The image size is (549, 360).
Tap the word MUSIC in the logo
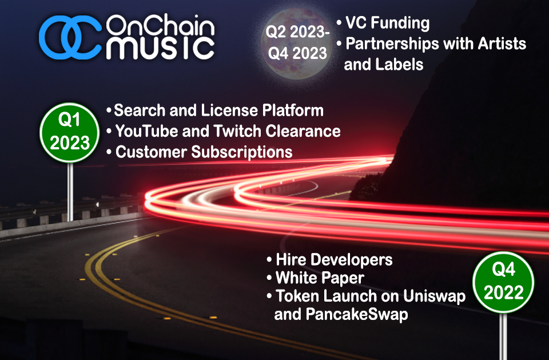160,49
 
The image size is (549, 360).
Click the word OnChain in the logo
160,25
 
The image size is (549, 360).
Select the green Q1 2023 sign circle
69,133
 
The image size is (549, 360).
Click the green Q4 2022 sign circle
503,282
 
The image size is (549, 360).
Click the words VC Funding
388,23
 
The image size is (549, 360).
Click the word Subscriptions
242,153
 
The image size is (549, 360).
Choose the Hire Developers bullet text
334,260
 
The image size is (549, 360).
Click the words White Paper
320,278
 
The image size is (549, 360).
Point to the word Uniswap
435,296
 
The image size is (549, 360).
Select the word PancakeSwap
357,314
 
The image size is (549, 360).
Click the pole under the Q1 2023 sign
70,192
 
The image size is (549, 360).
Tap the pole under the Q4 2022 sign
503,337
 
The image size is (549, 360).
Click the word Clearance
303,131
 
